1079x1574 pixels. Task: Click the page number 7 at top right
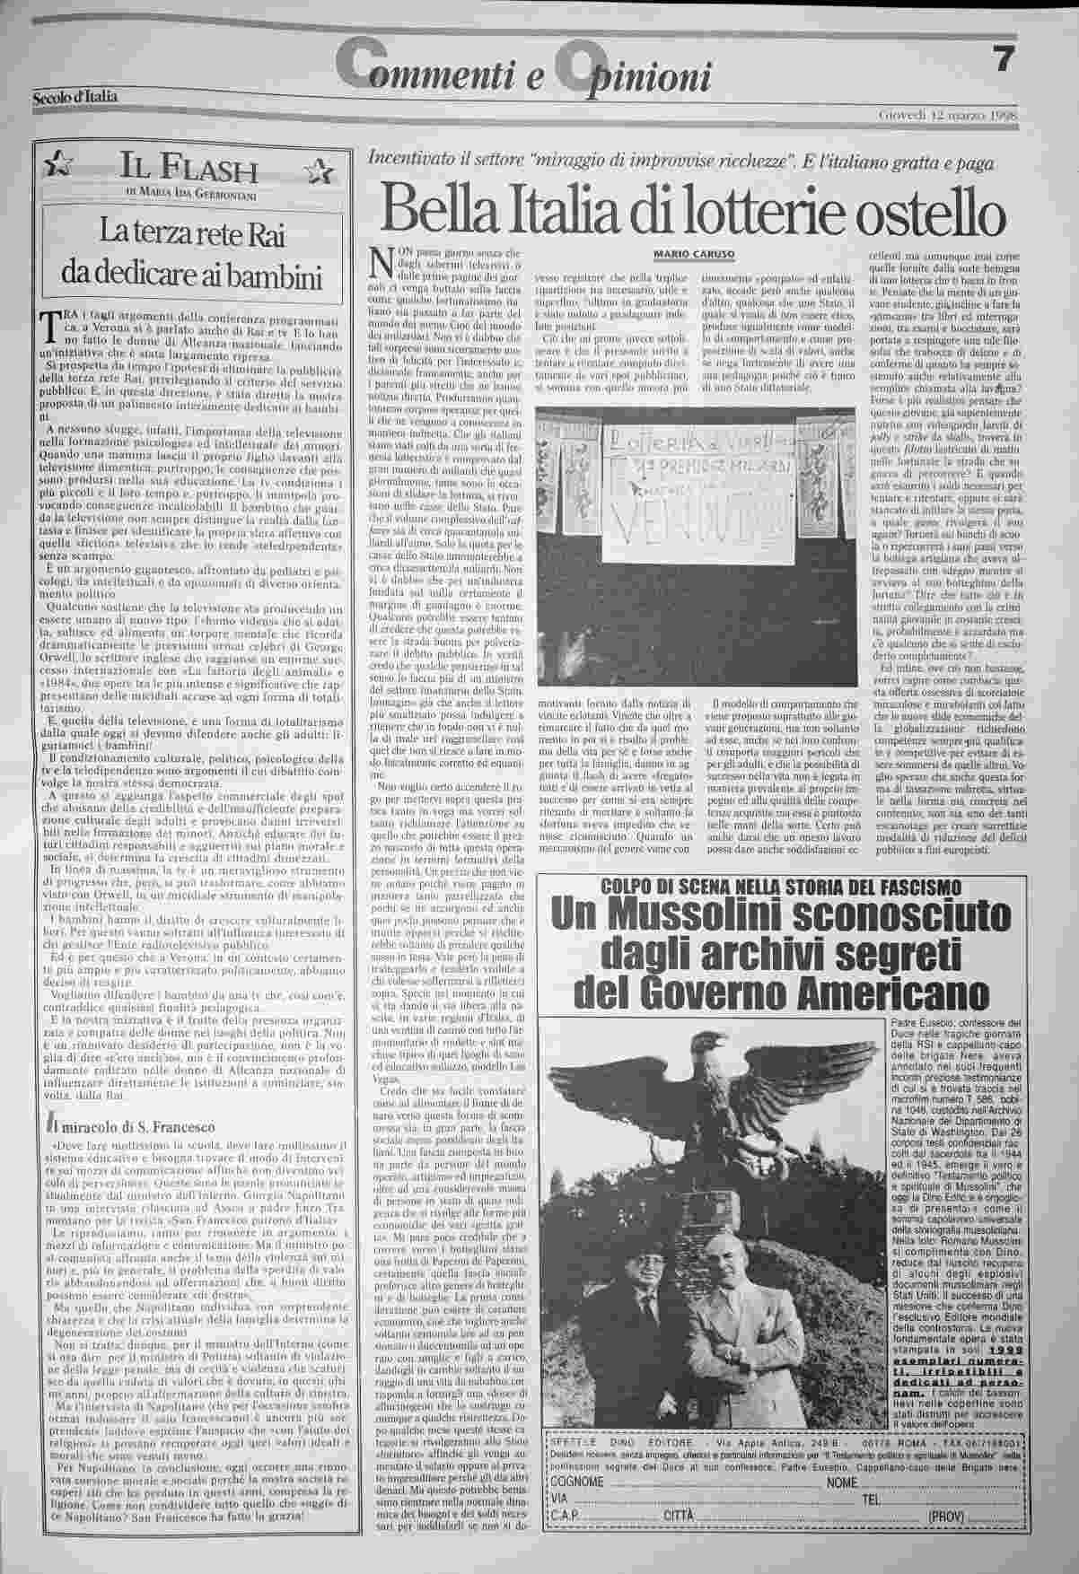tap(1004, 60)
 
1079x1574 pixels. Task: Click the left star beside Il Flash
tap(58, 164)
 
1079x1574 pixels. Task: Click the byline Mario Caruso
tap(701, 256)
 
